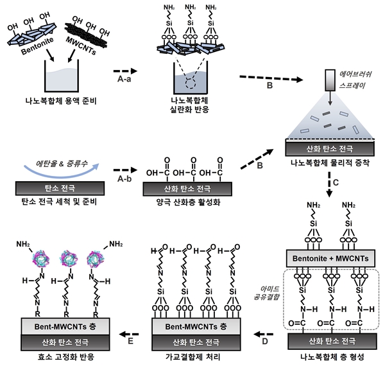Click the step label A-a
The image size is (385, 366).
[124, 79]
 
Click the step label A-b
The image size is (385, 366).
[124, 179]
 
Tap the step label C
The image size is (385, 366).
[336, 183]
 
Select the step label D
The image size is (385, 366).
[265, 342]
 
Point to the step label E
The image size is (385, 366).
[130, 341]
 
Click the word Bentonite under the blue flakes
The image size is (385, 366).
[37, 46]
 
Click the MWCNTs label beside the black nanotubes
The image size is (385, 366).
[81, 46]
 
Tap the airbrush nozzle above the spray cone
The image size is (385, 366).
[330, 80]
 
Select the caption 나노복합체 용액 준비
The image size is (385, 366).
[61, 101]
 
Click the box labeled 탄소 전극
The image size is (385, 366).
[60, 188]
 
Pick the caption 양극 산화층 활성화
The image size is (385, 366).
[188, 202]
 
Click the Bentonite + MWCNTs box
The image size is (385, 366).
[330, 258]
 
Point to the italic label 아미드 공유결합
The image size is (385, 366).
[267, 293]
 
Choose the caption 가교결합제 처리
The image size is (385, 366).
[193, 357]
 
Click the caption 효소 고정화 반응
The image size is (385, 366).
[66, 357]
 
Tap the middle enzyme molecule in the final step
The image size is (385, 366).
[69, 259]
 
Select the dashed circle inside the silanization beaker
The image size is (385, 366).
[191, 83]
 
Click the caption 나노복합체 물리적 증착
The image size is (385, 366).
[330, 163]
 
